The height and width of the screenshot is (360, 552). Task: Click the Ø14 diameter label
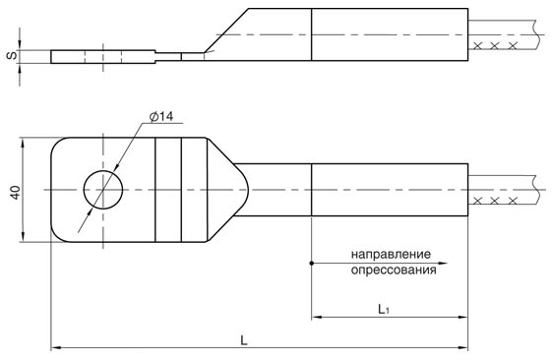[x=161, y=116]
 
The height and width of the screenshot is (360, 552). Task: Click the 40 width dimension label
[x=16, y=192]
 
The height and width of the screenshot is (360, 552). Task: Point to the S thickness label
[x=12, y=55]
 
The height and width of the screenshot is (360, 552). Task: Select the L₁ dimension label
[x=384, y=309]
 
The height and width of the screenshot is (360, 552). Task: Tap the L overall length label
[x=244, y=340]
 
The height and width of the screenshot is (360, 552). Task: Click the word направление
[x=391, y=254]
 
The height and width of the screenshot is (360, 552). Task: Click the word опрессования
[x=394, y=270]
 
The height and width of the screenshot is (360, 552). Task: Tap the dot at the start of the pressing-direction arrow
[x=312, y=263]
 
